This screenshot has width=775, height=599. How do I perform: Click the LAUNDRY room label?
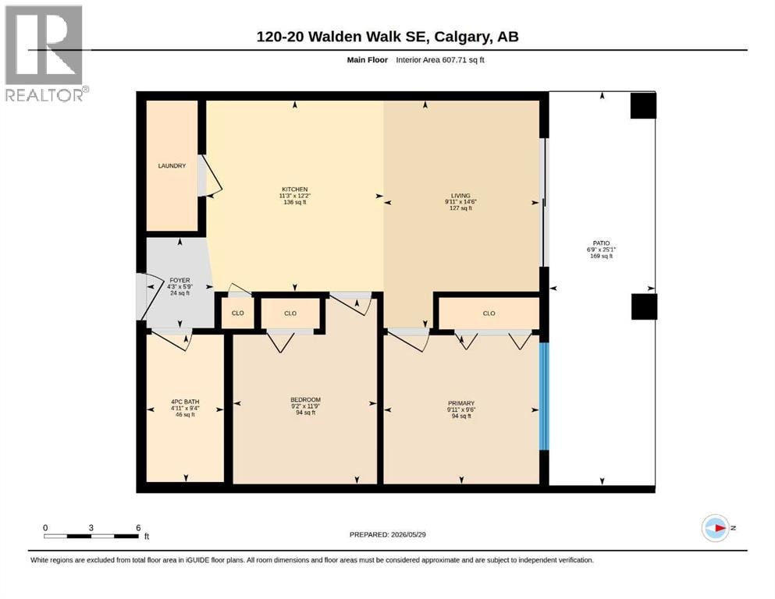[x=172, y=166]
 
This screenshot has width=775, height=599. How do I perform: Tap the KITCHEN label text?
[x=294, y=189]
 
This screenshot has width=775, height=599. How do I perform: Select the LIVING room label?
[x=460, y=196]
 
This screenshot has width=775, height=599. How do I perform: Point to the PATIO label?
[x=602, y=243]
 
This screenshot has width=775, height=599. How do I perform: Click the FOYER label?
[x=180, y=280]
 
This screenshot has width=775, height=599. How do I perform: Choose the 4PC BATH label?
[x=185, y=402]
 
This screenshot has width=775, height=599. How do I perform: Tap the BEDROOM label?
[x=305, y=399]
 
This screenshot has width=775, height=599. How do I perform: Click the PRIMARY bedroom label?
[x=461, y=403]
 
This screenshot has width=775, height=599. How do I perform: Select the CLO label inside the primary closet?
[x=489, y=313]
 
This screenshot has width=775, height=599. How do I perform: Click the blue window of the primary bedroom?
[x=544, y=396]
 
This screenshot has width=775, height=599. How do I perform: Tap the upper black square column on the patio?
[x=643, y=105]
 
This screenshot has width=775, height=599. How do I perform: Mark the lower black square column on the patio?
[x=644, y=307]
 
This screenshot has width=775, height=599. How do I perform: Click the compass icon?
[x=716, y=528]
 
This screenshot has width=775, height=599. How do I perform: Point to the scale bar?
[x=91, y=536]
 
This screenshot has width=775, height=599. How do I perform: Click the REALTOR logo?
[x=46, y=53]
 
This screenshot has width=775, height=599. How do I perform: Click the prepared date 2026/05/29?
[x=408, y=534]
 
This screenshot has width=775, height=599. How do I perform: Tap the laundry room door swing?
[x=211, y=175]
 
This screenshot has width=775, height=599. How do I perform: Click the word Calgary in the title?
[x=462, y=37]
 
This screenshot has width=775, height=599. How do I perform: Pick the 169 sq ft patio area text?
[x=602, y=256]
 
